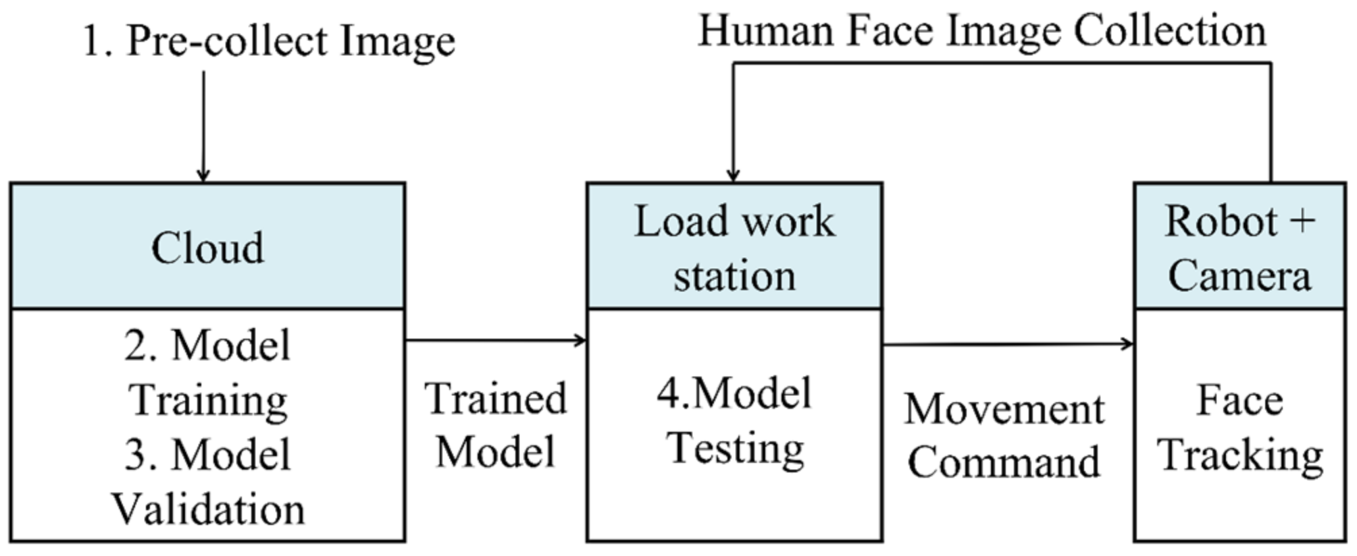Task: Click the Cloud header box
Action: (207, 246)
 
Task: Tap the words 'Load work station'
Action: (734, 248)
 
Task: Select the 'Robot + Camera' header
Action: (1239, 248)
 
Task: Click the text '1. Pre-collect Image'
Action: (268, 40)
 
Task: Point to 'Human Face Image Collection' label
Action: (981, 31)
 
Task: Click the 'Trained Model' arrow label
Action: (495, 425)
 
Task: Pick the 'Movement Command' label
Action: (1004, 436)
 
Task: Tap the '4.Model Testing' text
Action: (734, 420)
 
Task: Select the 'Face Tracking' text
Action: (1239, 428)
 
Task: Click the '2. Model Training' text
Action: (207, 372)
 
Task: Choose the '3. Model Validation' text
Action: (207, 482)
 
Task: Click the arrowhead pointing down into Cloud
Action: (203, 175)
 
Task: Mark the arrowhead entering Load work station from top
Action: (734, 175)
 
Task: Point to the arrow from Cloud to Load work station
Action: (495, 340)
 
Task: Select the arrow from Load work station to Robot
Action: (1006, 344)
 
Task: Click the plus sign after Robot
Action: (1303, 221)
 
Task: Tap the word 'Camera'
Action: (1239, 276)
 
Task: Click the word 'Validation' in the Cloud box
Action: (207, 509)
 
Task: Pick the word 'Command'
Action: (1004, 463)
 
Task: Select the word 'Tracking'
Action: (1239, 455)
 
